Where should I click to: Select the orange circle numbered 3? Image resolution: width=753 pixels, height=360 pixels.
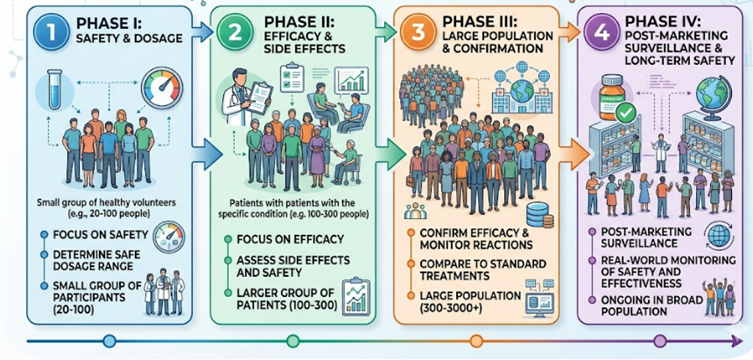point(417,32)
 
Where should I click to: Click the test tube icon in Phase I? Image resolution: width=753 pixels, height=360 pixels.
point(54,89)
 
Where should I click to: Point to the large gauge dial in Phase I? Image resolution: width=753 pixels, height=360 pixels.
point(162,88)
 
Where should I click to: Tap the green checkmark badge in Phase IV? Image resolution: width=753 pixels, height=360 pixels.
point(626,113)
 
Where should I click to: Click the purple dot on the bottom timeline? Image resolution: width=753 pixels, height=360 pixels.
point(660,341)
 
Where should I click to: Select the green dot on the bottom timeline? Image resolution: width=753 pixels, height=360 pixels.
point(292,341)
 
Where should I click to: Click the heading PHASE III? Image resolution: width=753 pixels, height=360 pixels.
point(480,22)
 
